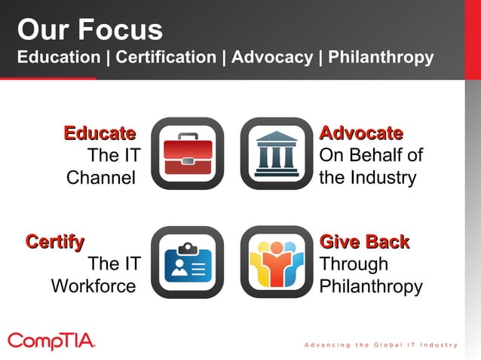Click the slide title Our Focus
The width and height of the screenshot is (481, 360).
point(90,30)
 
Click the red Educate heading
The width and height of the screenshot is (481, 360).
point(100,134)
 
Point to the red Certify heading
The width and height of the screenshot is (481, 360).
point(55,242)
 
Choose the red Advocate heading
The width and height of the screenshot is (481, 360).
point(361,134)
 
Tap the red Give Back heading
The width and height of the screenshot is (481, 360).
point(364,242)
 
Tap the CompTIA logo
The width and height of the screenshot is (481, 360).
point(51,340)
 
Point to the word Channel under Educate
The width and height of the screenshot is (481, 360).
point(101,178)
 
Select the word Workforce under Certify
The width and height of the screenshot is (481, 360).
point(93,287)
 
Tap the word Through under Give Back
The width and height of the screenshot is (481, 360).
point(354,264)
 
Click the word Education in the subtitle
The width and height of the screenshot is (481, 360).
point(59,57)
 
